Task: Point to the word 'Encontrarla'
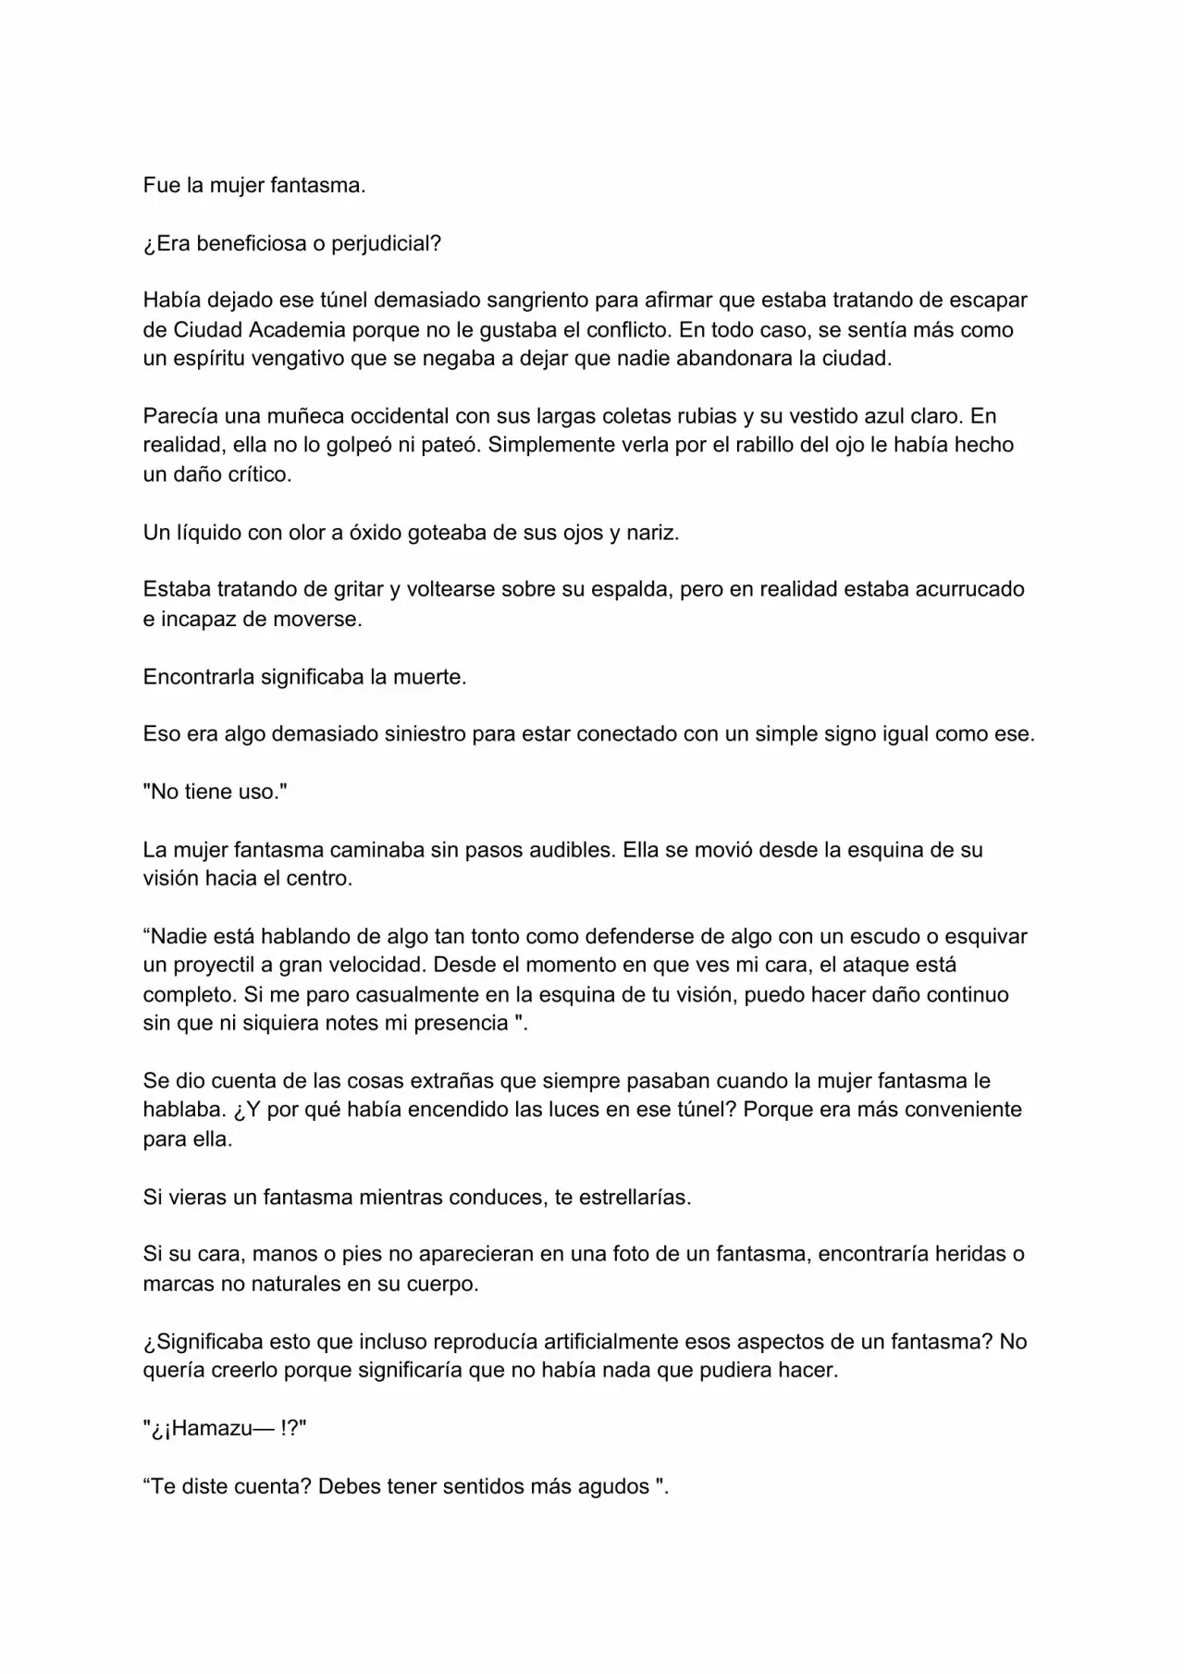(199, 677)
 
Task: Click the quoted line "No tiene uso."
(215, 792)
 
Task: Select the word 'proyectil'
(210, 965)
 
